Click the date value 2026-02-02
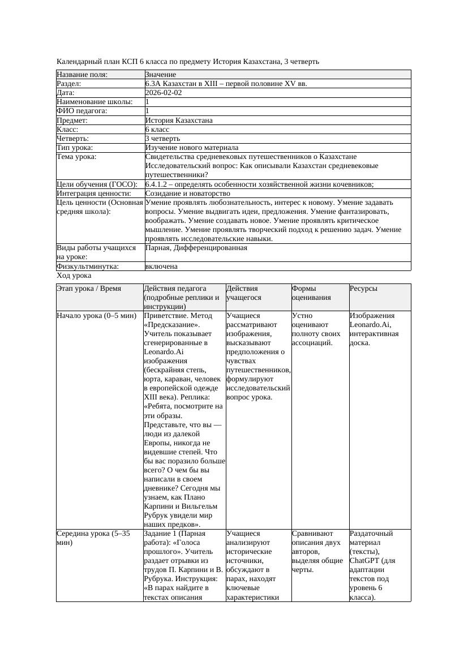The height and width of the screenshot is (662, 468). tap(164, 93)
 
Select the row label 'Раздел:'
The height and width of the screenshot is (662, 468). tap(69, 84)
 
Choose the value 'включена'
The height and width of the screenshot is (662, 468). tap(161, 266)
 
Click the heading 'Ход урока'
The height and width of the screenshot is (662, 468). tap(74, 276)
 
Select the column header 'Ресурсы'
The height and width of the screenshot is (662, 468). tap(363, 289)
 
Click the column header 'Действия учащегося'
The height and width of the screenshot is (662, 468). tap(243, 293)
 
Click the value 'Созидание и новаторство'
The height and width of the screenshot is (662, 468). tap(187, 194)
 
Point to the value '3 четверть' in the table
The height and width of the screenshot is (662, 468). tap(162, 139)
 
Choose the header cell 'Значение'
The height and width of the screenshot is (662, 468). tap(161, 75)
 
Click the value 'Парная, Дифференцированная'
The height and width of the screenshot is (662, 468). tap(196, 248)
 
